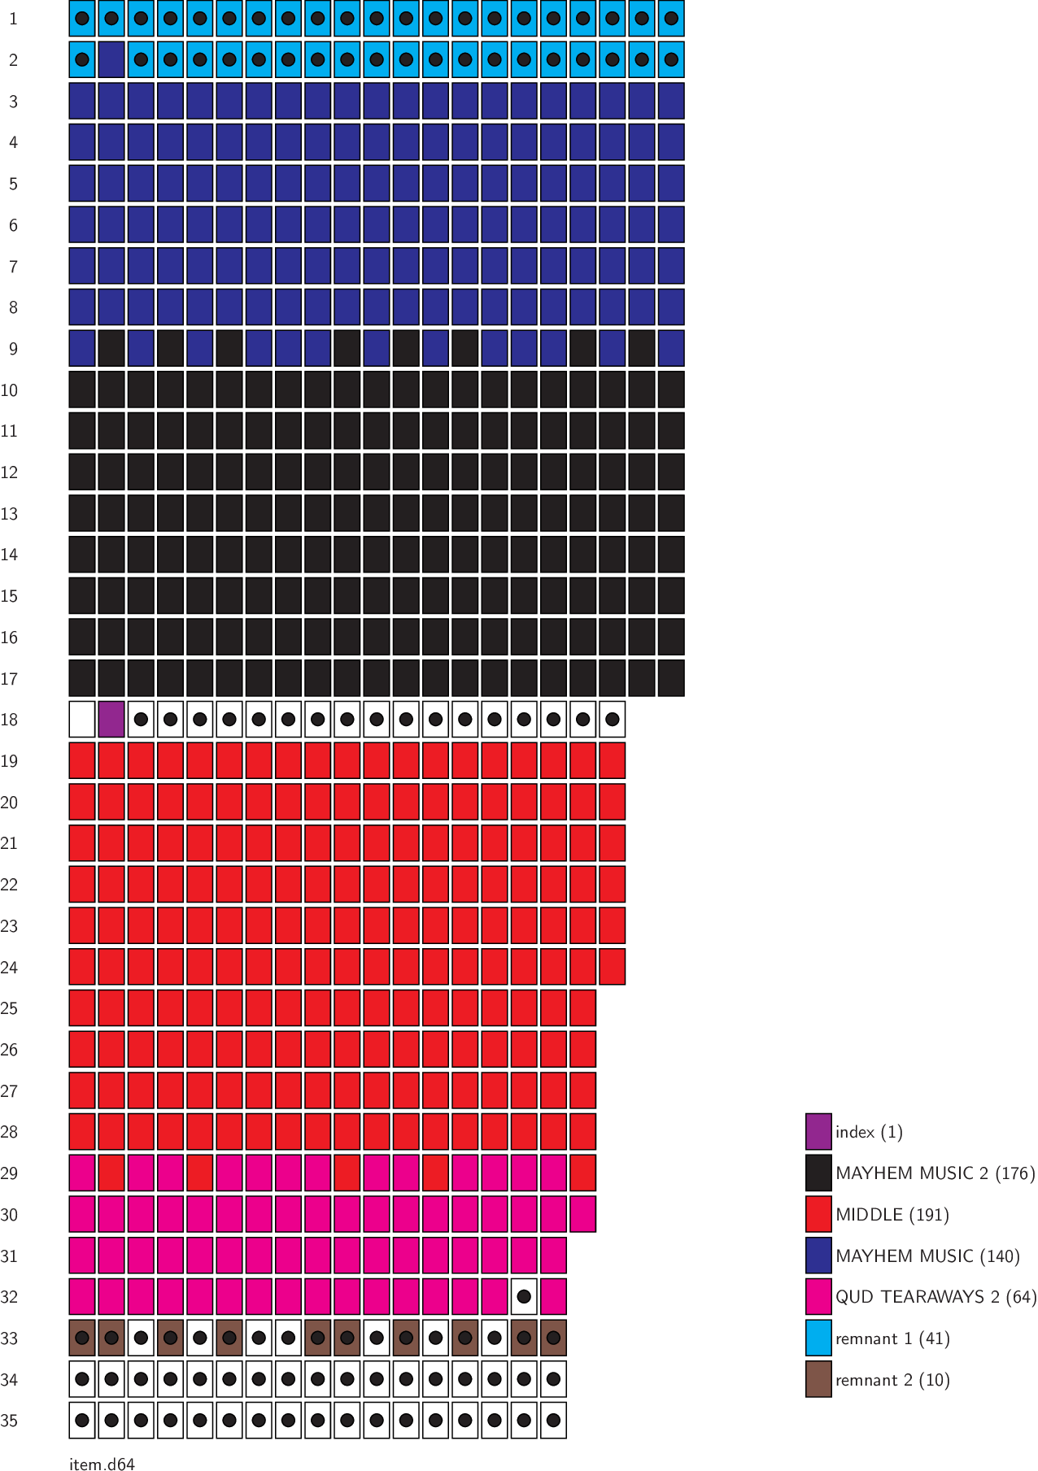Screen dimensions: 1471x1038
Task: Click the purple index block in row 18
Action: point(111,720)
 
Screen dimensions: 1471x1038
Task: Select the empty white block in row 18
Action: point(82,720)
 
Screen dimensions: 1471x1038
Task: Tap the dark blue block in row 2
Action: point(111,59)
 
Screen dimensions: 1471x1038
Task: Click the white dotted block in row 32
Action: point(524,1297)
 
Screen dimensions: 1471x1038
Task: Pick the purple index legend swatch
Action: point(818,1132)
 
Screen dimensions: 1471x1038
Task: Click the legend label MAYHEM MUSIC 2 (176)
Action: point(935,1173)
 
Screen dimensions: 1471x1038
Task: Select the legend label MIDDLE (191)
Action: point(892,1215)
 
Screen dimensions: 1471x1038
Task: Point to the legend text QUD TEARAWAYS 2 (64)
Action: point(936,1297)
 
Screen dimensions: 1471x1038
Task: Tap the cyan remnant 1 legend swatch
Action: point(818,1338)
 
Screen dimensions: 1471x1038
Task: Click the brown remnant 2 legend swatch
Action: point(818,1380)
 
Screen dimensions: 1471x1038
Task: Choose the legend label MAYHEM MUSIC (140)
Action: point(927,1256)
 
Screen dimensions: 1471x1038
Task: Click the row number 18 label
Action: point(10,720)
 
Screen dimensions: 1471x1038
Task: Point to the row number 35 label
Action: point(10,1421)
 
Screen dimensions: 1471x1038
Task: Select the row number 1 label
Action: point(13,19)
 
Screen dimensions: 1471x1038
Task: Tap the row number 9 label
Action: point(13,349)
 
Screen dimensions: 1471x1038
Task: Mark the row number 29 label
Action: point(10,1173)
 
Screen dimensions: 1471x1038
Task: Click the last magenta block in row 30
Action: point(582,1214)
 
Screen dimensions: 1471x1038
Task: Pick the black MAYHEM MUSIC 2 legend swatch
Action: point(818,1173)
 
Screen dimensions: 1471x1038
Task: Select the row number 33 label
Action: point(10,1338)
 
